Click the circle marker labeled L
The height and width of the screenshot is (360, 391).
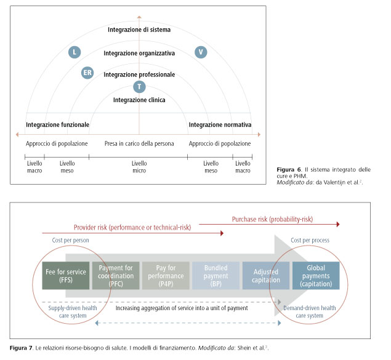(x=75, y=53)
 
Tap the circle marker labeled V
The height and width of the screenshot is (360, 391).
(x=201, y=52)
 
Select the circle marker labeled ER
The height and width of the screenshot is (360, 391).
(x=88, y=74)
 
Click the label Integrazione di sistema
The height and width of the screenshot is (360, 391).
(x=139, y=29)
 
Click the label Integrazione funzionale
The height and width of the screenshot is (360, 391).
(x=57, y=124)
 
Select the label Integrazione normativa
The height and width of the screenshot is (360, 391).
(x=220, y=124)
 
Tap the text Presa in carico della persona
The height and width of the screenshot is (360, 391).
(x=139, y=143)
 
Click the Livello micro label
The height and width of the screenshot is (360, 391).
(x=140, y=167)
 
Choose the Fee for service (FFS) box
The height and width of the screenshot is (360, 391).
(x=66, y=275)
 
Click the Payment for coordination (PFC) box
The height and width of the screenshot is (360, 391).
(x=116, y=275)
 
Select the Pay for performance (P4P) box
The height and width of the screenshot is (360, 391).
(x=166, y=275)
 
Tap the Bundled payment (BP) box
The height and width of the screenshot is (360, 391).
(x=215, y=275)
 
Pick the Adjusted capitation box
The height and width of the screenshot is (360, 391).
(x=265, y=275)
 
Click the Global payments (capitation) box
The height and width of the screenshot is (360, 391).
(x=315, y=275)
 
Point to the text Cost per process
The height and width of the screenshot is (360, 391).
(x=310, y=240)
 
